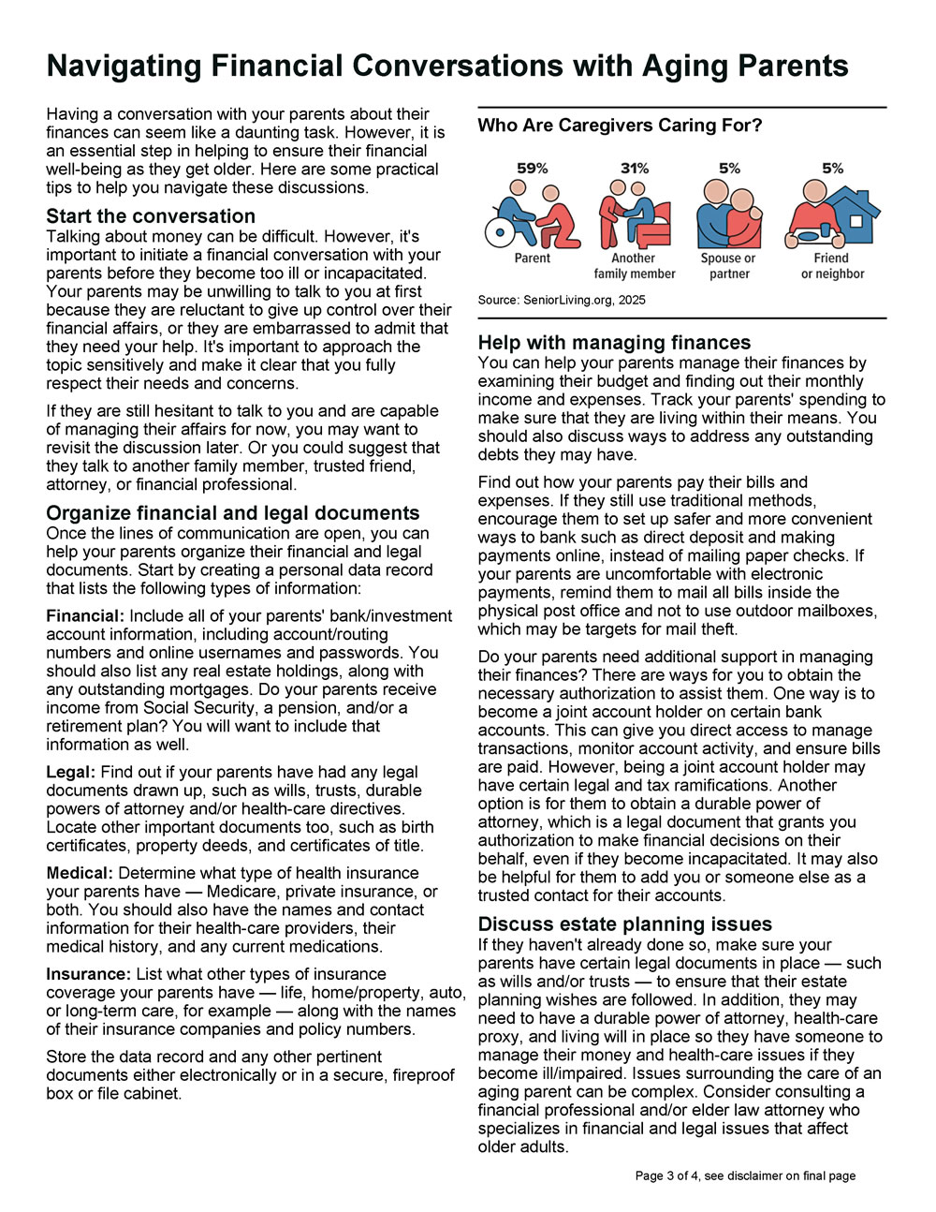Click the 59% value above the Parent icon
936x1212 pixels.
point(533,169)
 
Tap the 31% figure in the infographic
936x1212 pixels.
point(635,169)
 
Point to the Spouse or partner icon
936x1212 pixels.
point(729,214)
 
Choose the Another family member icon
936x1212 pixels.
point(635,214)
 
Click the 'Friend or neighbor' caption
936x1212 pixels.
point(832,266)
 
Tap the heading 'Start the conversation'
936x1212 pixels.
point(151,216)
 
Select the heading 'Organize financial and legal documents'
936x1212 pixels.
point(233,513)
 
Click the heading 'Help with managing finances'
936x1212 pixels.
point(614,343)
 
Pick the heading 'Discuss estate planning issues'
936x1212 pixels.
point(625,924)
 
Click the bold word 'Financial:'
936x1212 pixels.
point(85,616)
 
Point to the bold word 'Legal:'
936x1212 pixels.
point(71,773)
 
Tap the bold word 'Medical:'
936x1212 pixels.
point(80,874)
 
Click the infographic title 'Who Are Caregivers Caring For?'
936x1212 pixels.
point(620,126)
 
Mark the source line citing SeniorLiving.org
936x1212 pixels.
point(562,300)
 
